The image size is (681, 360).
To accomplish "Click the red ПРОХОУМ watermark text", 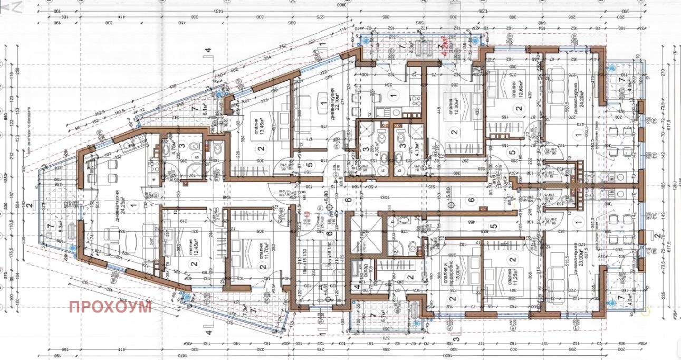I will [x=110, y=307].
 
